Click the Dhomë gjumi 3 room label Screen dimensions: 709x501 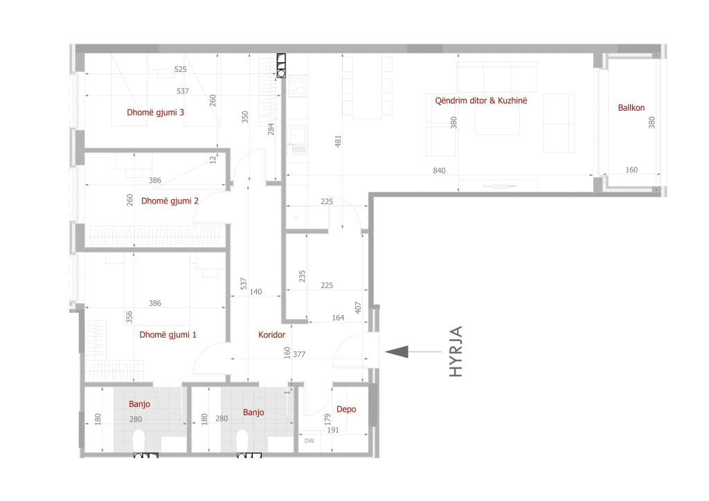[x=155, y=113]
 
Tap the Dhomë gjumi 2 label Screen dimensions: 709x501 [x=170, y=201]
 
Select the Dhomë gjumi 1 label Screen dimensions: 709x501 [x=168, y=335]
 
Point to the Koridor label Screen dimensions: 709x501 [x=271, y=335]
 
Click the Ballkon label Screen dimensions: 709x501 [x=631, y=107]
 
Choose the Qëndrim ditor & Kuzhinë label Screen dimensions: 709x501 [x=481, y=100]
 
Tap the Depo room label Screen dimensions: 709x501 [x=346, y=409]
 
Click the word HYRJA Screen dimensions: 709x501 [x=456, y=352]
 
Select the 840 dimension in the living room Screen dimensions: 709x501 [x=439, y=171]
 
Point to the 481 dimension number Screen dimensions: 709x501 [x=338, y=141]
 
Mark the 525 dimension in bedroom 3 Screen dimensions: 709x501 [x=181, y=69]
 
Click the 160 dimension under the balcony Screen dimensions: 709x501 [x=631, y=170]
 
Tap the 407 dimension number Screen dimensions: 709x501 [x=358, y=308]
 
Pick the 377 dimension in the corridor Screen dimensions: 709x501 [x=299, y=354]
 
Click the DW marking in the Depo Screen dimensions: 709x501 [x=309, y=441]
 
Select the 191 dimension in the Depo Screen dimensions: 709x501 [x=333, y=430]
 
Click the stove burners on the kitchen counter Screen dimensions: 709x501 [x=297, y=86]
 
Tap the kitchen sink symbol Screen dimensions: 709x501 [x=297, y=136]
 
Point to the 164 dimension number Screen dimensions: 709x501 [x=338, y=318]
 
